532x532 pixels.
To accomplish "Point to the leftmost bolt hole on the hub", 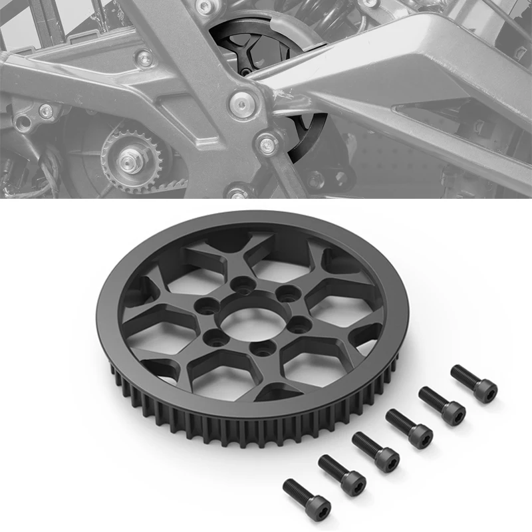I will (204, 307).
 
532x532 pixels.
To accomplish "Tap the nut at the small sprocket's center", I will (129, 160).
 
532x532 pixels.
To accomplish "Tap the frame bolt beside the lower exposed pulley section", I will (268, 142).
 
